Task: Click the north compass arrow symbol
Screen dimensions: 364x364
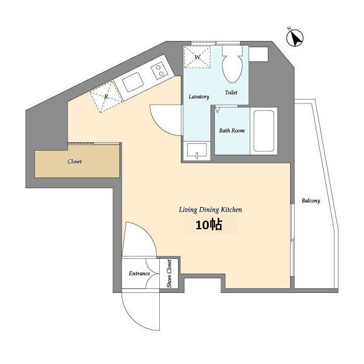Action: click(295, 38)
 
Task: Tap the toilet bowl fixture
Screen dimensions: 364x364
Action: click(233, 64)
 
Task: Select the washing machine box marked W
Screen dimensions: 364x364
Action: click(197, 57)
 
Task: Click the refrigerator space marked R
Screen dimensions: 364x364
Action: click(106, 96)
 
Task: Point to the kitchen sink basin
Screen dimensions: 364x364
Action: click(133, 82)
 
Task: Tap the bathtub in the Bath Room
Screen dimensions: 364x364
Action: click(263, 131)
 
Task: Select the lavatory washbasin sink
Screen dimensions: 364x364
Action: click(197, 151)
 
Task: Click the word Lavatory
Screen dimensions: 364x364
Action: click(199, 97)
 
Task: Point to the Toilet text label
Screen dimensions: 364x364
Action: click(231, 92)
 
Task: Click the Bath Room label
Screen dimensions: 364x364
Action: click(232, 130)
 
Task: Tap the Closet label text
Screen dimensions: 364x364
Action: click(75, 162)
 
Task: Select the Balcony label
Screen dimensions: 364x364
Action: click(311, 201)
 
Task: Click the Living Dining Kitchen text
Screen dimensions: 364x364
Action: click(210, 210)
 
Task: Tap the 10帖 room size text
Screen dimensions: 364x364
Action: click(209, 225)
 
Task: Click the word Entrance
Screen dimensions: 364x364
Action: click(139, 274)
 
